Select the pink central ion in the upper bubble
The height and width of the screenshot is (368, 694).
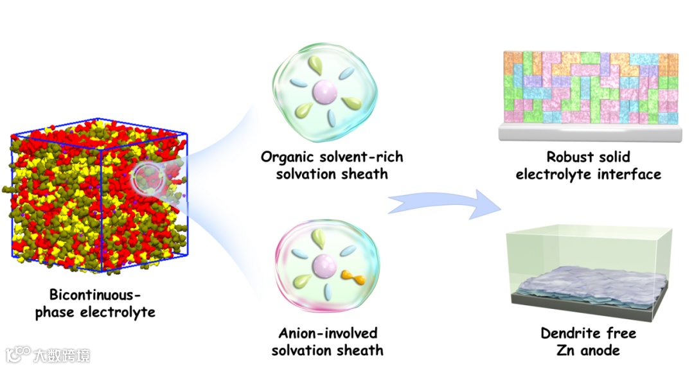(326, 90)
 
